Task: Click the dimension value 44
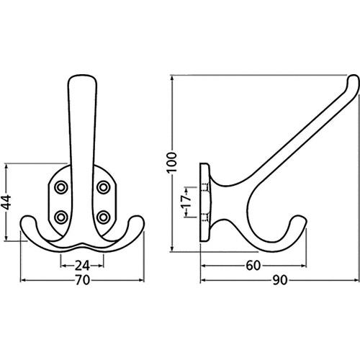(x=6, y=202)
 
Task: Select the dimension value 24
(x=82, y=266)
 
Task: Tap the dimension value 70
(x=82, y=280)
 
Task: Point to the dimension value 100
(x=172, y=162)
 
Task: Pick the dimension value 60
(x=253, y=266)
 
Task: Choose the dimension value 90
(x=280, y=280)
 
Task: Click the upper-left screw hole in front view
(x=61, y=187)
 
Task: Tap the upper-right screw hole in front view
(x=104, y=187)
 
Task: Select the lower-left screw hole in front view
(x=61, y=217)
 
